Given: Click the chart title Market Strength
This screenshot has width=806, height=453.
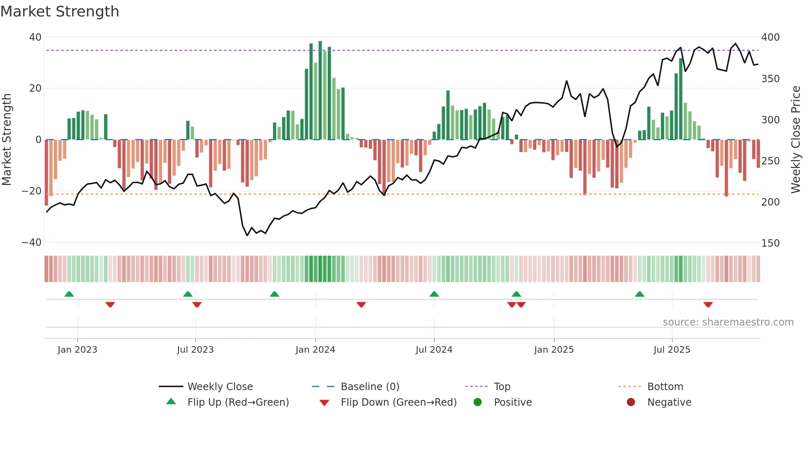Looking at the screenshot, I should [60, 12].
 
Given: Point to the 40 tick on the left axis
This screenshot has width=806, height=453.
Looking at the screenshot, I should [35, 37].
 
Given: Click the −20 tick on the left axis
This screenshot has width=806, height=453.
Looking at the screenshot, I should [32, 191].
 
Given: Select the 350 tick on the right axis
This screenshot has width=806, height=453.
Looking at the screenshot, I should [770, 79].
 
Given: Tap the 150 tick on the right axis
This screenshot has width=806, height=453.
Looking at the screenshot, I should [770, 243].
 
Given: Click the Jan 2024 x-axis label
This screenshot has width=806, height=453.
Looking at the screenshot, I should [315, 350].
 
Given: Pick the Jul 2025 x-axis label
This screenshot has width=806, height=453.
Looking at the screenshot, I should [672, 350].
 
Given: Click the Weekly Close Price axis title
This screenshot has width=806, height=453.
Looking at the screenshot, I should [796, 139].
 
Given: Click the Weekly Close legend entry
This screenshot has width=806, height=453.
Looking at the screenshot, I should [220, 387].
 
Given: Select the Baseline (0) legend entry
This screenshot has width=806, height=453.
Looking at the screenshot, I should [370, 387].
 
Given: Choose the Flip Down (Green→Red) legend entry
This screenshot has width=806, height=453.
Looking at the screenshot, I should [398, 402].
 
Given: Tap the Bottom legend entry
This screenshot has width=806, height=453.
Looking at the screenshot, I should [665, 387].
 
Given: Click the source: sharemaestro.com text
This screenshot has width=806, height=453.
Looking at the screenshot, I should [728, 322].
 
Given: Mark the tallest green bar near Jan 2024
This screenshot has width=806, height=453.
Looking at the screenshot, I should [320, 90].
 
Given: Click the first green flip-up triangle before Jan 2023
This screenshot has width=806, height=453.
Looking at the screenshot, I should [69, 294].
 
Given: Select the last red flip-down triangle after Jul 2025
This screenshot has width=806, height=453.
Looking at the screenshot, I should [708, 305].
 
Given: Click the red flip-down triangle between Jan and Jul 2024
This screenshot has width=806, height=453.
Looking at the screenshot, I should [361, 305].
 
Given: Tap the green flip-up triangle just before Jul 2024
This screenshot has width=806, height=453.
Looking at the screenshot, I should [434, 294].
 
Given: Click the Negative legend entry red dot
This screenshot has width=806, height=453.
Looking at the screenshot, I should [630, 402].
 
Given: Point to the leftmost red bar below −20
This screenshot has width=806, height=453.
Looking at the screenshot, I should [46, 173].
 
